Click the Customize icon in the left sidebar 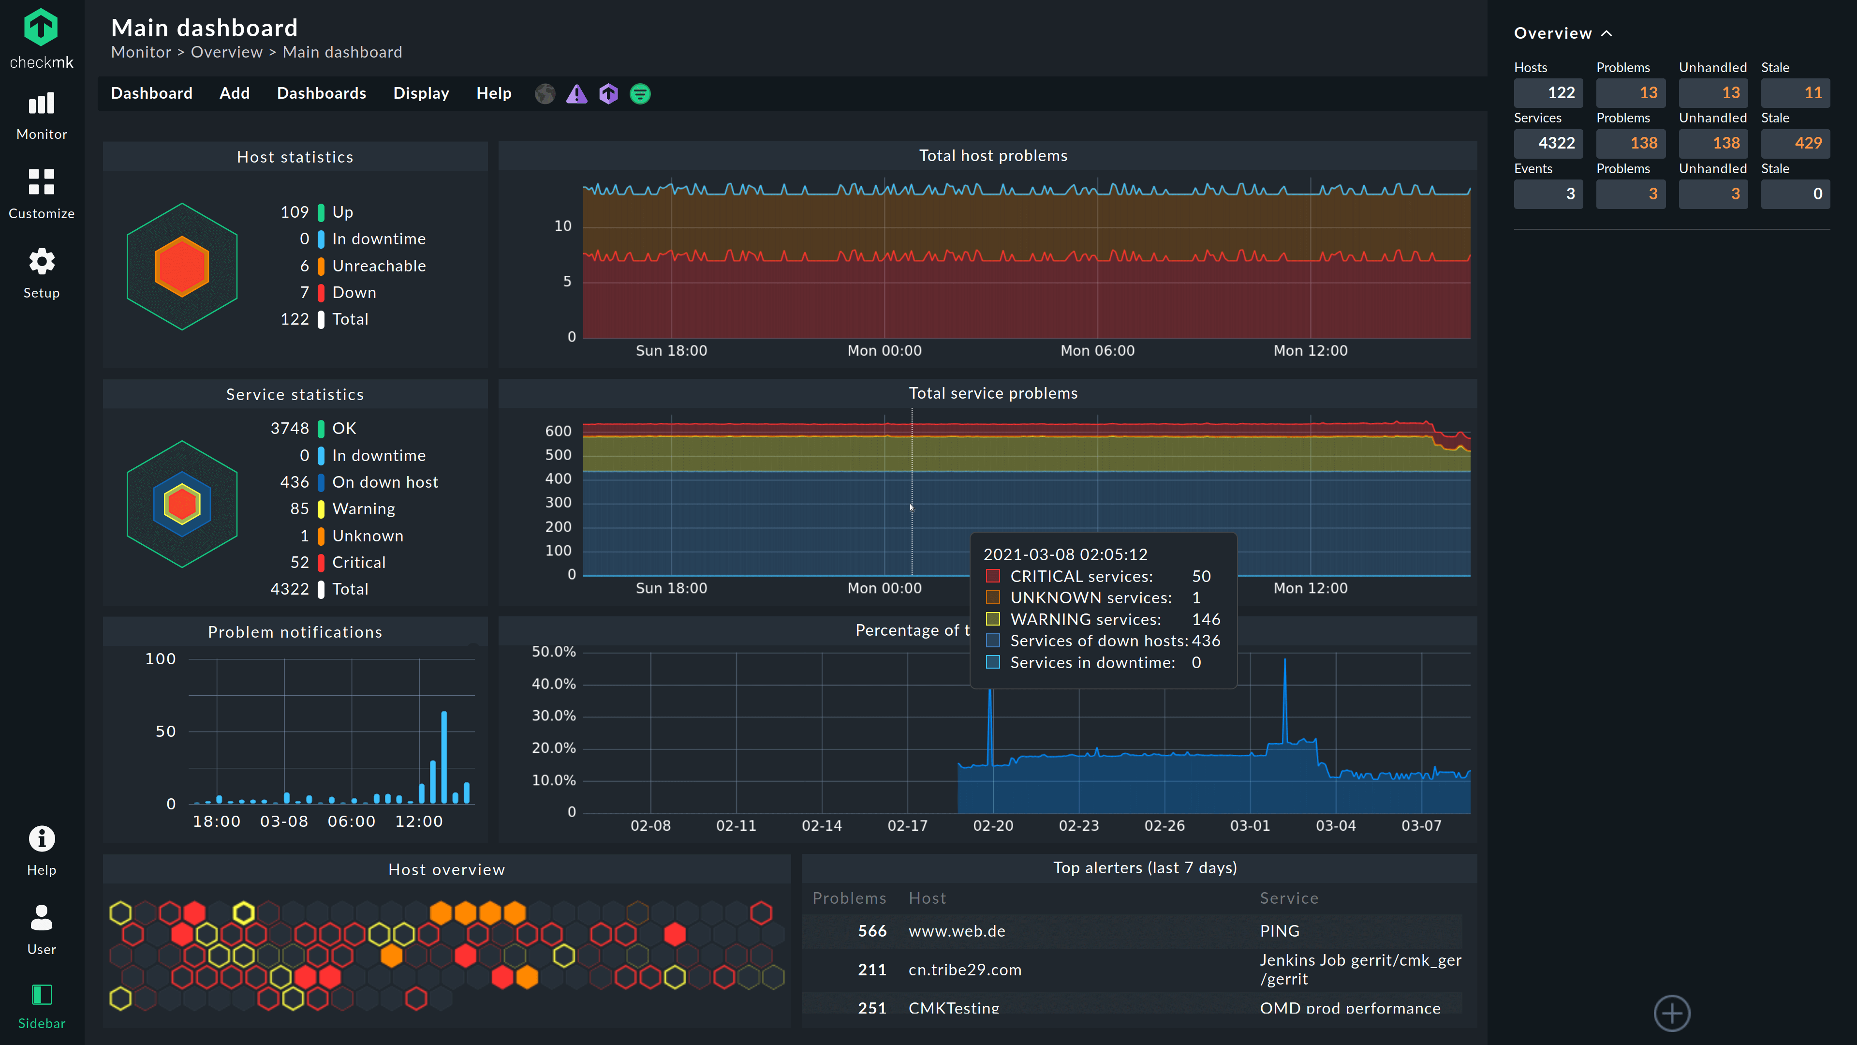[41, 182]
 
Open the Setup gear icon [41, 262]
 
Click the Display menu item [421, 93]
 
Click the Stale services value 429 [1795, 143]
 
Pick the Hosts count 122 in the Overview [1548, 92]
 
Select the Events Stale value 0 [1795, 194]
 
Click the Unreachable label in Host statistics [379, 266]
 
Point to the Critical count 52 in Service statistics [299, 563]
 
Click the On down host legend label [385, 482]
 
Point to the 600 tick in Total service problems [558, 431]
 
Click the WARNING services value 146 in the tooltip [1205, 619]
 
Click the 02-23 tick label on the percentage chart [1078, 826]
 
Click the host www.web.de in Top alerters [957, 931]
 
